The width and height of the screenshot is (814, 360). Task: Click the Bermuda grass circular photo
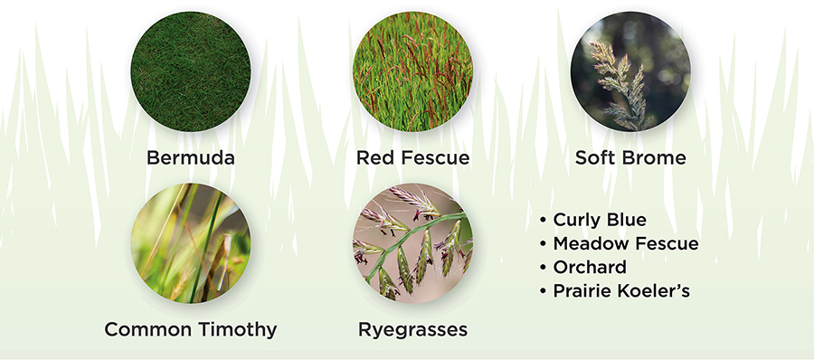click(191, 71)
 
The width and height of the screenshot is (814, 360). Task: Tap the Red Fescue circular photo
click(412, 71)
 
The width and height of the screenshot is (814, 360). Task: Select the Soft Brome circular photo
click(630, 71)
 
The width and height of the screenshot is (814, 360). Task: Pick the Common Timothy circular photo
click(191, 243)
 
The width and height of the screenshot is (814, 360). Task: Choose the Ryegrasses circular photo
click(412, 243)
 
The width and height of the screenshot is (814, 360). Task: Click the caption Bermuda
click(191, 157)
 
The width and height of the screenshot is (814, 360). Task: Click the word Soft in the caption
click(597, 157)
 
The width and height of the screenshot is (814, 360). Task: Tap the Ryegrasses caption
click(412, 330)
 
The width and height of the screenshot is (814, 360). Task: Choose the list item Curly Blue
click(600, 220)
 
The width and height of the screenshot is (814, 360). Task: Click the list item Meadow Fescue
click(626, 243)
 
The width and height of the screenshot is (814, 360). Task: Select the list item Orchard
click(590, 267)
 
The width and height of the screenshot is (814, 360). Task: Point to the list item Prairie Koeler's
click(621, 291)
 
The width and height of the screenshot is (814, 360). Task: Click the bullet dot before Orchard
click(544, 268)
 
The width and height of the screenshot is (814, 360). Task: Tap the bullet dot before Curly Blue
click(544, 221)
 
